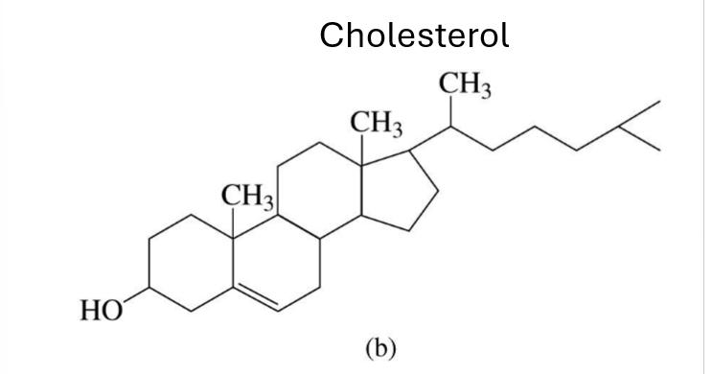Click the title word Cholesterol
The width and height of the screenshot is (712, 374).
tap(414, 35)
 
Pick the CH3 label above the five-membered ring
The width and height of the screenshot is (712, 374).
tap(376, 124)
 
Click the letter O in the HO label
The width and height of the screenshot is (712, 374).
tap(114, 311)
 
